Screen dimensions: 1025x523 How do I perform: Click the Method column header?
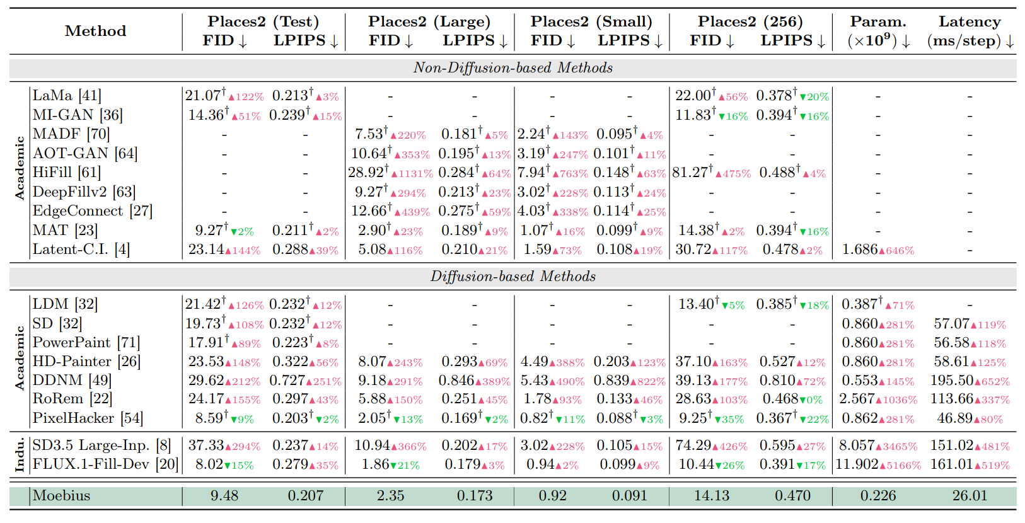[x=95, y=31]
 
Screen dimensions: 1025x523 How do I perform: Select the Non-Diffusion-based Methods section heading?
[x=513, y=67]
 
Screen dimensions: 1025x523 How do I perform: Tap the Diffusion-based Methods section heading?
[x=513, y=277]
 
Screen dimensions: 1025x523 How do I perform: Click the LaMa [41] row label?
[x=67, y=96]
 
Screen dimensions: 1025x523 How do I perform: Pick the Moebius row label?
[x=61, y=495]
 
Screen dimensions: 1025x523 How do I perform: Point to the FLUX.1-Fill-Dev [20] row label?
[x=105, y=464]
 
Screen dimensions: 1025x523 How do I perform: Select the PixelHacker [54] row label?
[x=88, y=418]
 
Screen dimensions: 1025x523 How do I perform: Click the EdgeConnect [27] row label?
[x=93, y=211]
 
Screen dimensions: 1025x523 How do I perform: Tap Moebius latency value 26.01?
[x=970, y=495]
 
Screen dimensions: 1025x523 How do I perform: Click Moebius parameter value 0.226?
[x=878, y=495]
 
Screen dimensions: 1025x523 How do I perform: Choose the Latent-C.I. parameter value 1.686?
[x=860, y=250]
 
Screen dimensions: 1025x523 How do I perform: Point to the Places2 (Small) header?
[x=591, y=21]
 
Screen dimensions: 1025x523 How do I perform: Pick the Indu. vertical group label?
[x=20, y=455]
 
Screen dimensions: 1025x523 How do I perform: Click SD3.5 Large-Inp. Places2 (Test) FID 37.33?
[x=206, y=445]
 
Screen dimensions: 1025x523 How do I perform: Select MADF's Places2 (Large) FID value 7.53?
[x=368, y=134]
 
